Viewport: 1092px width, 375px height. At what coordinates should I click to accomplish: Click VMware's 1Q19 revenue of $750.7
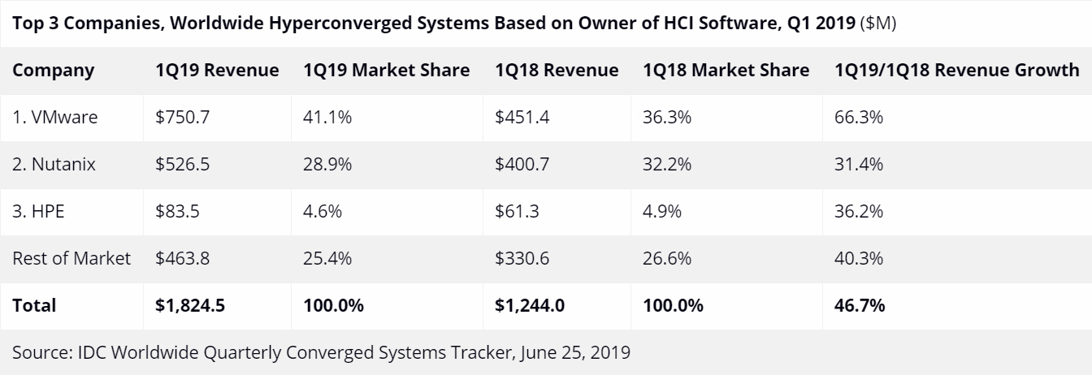pyautogui.click(x=183, y=117)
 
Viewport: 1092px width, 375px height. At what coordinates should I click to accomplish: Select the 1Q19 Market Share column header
pyautogui.click(x=386, y=70)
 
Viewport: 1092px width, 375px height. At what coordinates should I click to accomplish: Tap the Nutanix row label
pyautogui.click(x=54, y=164)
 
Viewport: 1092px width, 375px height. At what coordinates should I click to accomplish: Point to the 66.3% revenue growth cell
pyautogui.click(x=858, y=117)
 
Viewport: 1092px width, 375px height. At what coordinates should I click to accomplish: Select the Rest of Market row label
pyautogui.click(x=71, y=258)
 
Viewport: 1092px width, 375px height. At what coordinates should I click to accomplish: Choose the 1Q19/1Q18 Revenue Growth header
pyautogui.click(x=956, y=70)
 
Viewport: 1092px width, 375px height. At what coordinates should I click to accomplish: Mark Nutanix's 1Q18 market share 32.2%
pyautogui.click(x=666, y=164)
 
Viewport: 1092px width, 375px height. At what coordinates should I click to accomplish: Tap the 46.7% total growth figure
pyautogui.click(x=859, y=305)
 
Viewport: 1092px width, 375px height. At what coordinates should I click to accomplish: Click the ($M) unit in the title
pyautogui.click(x=880, y=23)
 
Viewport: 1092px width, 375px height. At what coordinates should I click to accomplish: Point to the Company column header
pyautogui.click(x=54, y=70)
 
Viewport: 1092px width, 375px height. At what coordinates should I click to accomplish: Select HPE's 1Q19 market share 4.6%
pyautogui.click(x=323, y=211)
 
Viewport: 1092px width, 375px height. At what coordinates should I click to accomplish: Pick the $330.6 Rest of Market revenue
pyautogui.click(x=522, y=258)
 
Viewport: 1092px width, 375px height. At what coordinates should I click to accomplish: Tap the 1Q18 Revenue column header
pyautogui.click(x=556, y=70)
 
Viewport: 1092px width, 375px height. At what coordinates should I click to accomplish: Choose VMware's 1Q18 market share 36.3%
pyautogui.click(x=666, y=117)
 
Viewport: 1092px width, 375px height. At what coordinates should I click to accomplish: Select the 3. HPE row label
pyautogui.click(x=39, y=211)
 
